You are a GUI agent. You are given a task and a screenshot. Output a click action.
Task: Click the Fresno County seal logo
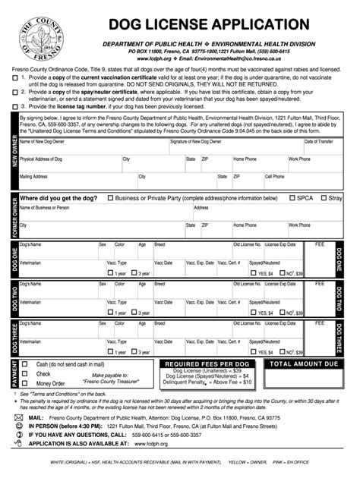(x=39, y=36)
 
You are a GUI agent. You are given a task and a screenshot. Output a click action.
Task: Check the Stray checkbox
(x=322, y=198)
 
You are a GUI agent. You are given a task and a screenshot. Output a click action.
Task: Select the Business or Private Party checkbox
(x=110, y=198)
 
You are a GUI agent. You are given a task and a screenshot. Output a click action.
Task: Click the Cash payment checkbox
(x=25, y=364)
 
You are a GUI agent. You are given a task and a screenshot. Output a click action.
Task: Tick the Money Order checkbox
(x=25, y=383)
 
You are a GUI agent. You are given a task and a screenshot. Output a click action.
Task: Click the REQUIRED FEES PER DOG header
(x=207, y=365)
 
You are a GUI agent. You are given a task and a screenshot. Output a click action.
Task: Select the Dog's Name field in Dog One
(x=58, y=250)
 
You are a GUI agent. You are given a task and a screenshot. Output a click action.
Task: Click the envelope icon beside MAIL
(x=17, y=417)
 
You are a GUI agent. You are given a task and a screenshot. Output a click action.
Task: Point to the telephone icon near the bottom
(x=17, y=435)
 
